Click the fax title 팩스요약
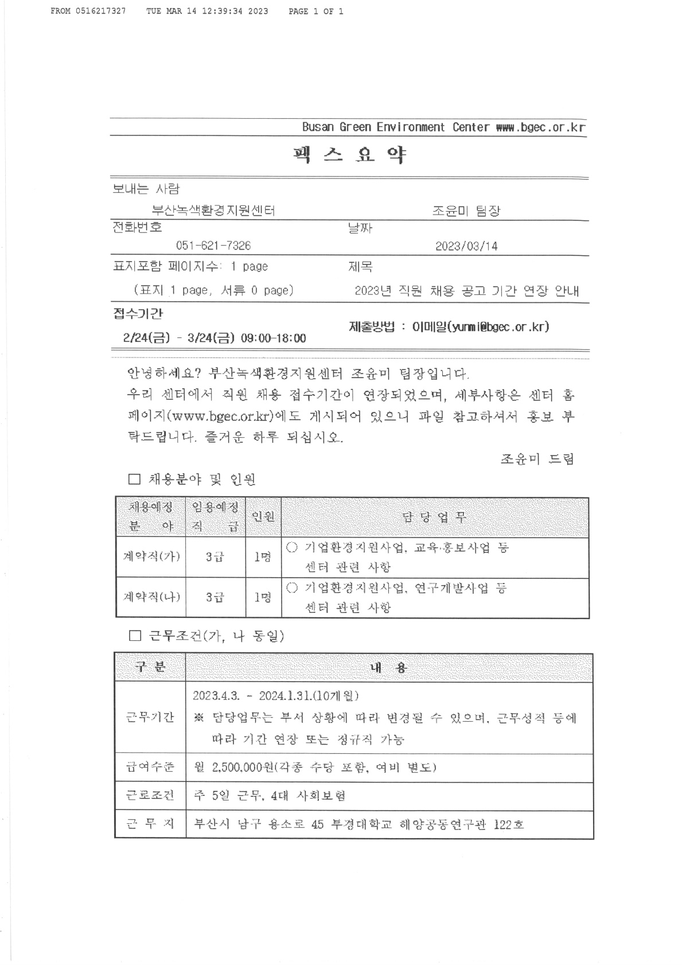point(349,155)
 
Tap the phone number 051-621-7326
point(213,246)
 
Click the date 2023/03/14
point(466,247)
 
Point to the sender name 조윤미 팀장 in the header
point(466,211)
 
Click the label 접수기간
point(138,313)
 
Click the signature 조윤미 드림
point(537,459)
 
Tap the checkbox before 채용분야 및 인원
point(134,479)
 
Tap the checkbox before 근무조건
point(135,636)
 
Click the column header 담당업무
point(435,517)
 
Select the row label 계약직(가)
point(151,557)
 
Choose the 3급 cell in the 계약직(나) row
point(215,597)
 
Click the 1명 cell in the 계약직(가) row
point(263,557)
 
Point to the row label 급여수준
point(150,767)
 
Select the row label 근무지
point(150,824)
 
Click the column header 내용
point(389,667)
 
